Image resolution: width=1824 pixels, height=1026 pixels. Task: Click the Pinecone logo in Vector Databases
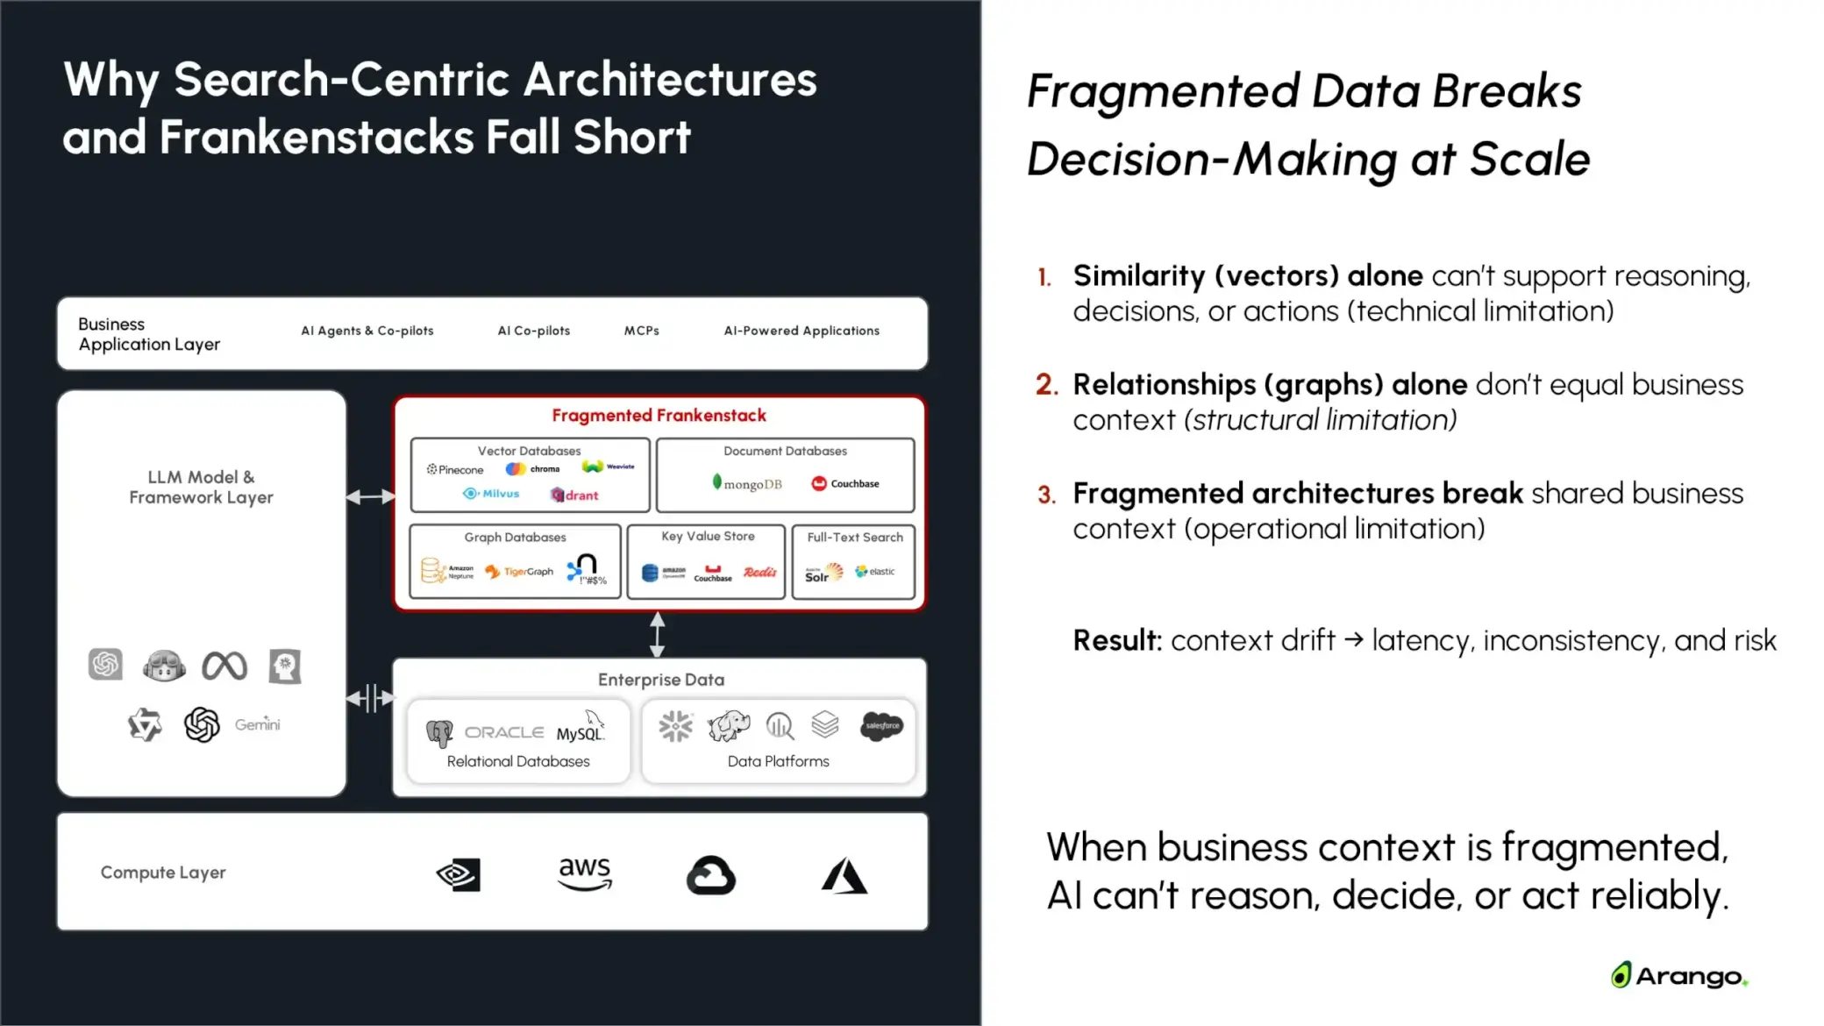pos(455,470)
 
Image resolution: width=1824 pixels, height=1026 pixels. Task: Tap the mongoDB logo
pos(747,483)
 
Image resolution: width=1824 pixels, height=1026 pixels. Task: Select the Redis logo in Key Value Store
pos(759,572)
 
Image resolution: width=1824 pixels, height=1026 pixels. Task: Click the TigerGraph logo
pos(519,572)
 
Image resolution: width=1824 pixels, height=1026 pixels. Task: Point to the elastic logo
pos(875,572)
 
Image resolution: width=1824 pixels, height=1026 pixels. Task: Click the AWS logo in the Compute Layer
pos(585,873)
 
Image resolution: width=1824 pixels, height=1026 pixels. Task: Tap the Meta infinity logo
pos(224,666)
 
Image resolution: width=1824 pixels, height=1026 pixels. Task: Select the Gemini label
pos(257,724)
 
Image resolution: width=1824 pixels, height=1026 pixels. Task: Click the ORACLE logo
pos(503,732)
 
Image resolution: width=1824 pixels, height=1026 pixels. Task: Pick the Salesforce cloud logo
pos(881,725)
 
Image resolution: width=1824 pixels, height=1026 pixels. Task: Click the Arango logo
pos(1678,975)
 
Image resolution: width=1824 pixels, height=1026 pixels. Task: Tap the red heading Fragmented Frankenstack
pos(659,416)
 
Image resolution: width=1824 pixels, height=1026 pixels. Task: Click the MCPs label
pos(641,331)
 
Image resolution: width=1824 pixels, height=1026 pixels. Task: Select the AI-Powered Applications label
pos(802,331)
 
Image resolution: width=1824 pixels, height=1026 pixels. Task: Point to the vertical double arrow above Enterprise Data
pos(657,635)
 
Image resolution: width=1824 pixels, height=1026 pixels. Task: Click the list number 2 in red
pos(1046,385)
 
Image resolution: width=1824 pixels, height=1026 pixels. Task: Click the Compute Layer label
pos(163,873)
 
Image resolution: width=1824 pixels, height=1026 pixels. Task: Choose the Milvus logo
pos(491,494)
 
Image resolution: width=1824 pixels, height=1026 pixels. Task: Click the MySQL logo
pos(580,730)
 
